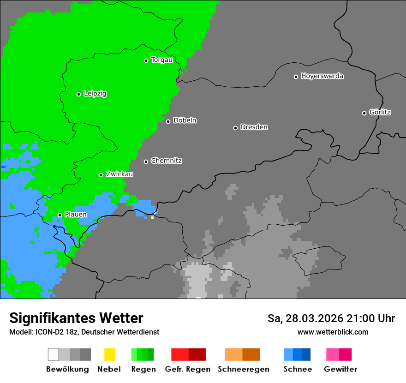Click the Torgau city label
click(161, 60)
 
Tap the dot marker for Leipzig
click(78, 94)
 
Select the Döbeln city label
click(185, 120)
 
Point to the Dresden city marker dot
click(235, 128)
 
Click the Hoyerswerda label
click(322, 76)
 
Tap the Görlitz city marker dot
click(364, 113)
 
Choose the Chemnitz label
click(166, 161)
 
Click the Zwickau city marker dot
click(101, 175)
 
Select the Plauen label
click(76, 215)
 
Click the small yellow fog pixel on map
click(152, 217)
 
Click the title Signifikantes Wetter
click(76, 318)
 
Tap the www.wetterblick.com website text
click(333, 332)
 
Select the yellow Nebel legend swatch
click(109, 354)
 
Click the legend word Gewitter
click(340, 369)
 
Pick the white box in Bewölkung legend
click(54, 354)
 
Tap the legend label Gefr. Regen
click(188, 369)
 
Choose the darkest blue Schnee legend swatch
click(306, 354)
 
